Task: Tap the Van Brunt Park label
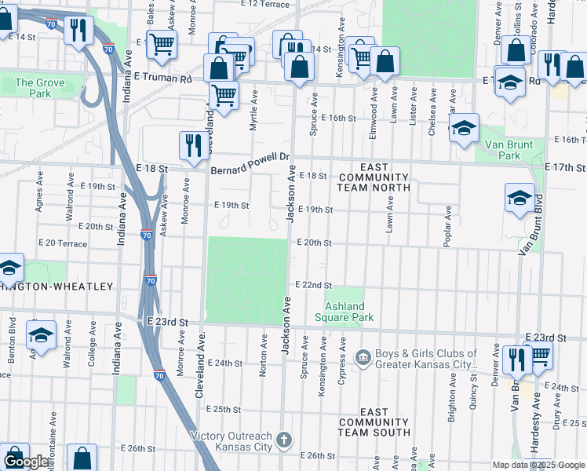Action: [x=509, y=150]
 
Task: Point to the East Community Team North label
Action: [x=374, y=177]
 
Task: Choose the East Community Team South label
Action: [x=374, y=422]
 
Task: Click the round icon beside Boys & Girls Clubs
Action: [x=362, y=359]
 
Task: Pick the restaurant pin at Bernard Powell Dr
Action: [x=192, y=144]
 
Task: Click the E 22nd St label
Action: [x=313, y=285]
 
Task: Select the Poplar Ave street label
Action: [x=447, y=226]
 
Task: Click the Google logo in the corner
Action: [x=26, y=462]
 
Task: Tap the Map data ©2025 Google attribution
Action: [x=538, y=465]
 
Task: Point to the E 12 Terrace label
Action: [x=266, y=4]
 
